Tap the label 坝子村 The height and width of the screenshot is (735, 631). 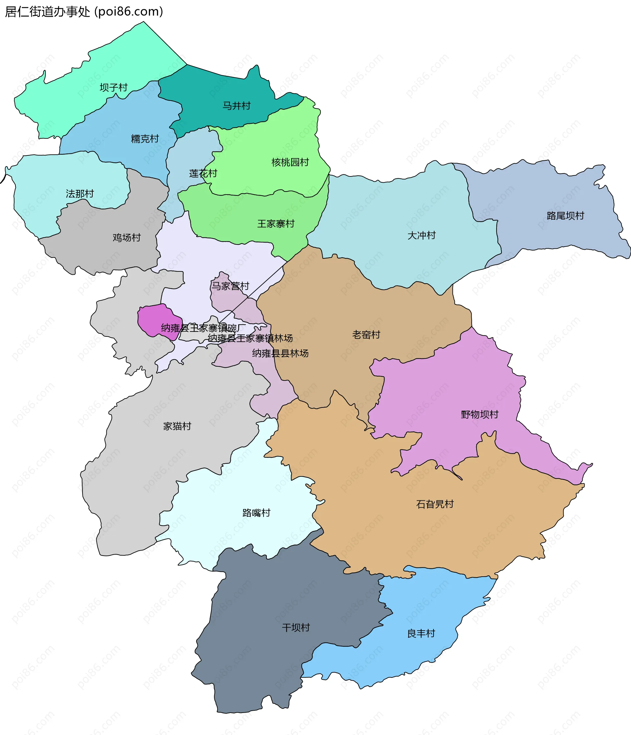114,87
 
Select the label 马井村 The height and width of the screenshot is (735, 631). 236,106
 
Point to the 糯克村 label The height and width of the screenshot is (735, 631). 145,139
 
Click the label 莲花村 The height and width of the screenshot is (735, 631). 203,173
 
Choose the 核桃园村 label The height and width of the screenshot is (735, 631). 290,162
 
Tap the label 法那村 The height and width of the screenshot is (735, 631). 80,194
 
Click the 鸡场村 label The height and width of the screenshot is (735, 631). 127,238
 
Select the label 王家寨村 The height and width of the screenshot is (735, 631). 276,224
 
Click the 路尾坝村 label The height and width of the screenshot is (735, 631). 565,216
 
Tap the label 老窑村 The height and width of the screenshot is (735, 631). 366,334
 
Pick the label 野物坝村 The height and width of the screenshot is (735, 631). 479,414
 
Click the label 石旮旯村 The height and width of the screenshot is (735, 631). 435,504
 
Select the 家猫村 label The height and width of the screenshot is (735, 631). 177,426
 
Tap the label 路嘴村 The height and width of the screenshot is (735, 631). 256,513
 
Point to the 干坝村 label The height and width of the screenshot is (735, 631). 296,628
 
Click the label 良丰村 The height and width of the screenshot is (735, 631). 421,633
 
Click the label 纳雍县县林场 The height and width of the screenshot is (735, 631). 280,353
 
